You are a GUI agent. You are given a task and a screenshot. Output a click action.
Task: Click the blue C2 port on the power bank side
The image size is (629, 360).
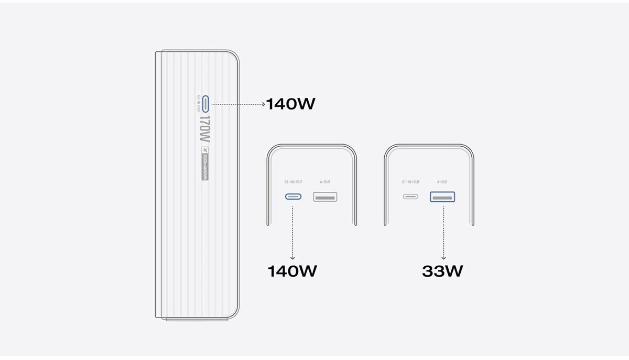tap(206, 104)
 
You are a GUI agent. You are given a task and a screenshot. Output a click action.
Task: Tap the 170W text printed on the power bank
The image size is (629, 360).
tap(204, 129)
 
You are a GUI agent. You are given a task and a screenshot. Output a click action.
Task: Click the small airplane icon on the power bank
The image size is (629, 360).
tap(204, 150)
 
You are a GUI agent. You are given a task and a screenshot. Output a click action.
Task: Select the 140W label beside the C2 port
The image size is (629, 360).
tap(290, 104)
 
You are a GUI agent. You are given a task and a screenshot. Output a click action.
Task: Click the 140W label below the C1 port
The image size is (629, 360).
tap(292, 271)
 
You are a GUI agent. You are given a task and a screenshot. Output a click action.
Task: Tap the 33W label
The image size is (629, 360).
tap(442, 271)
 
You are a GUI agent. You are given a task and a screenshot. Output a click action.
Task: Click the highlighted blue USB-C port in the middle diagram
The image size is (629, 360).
tap(293, 197)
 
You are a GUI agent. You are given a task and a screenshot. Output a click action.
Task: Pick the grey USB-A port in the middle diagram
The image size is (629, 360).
tap(325, 197)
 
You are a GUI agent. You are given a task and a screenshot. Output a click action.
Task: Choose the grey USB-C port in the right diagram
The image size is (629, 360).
tap(410, 197)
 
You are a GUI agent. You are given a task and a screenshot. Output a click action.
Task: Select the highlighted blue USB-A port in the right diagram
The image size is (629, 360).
tap(442, 197)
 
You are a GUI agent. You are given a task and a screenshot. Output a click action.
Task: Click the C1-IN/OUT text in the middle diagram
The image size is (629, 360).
tap(293, 182)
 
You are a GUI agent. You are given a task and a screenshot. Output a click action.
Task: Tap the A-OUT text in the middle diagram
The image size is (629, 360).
tap(325, 182)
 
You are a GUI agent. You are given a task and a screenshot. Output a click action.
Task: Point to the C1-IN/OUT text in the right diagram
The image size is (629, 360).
tap(410, 182)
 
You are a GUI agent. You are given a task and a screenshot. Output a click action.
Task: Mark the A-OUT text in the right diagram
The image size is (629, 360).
tap(442, 182)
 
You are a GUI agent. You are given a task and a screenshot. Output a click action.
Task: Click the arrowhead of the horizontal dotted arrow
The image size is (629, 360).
tap(264, 104)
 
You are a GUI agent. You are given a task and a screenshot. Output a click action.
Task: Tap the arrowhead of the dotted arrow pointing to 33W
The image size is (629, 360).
tap(443, 258)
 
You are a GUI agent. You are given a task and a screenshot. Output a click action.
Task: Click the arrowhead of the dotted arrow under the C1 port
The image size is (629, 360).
tap(292, 258)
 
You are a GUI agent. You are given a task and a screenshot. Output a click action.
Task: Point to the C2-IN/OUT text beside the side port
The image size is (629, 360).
tap(199, 104)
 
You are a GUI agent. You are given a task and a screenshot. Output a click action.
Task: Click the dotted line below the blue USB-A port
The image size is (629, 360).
tap(443, 231)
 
